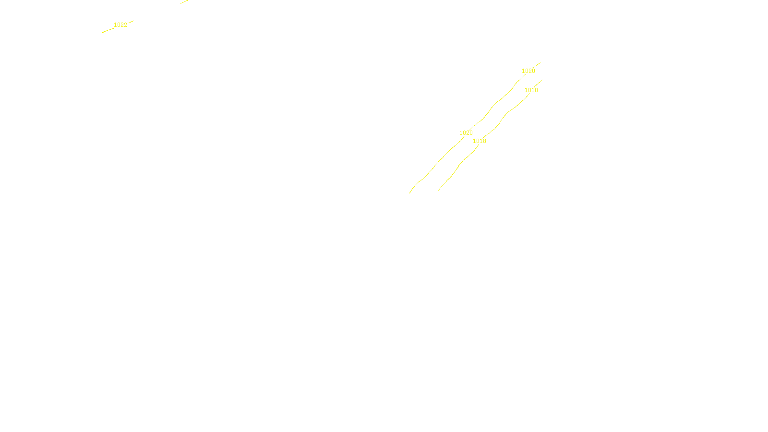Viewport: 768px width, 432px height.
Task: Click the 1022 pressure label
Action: [x=120, y=25]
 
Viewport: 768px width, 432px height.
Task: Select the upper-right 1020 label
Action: [x=528, y=71]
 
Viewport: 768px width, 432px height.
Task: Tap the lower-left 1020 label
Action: [x=466, y=133]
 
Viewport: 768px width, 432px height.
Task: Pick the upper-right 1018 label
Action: [x=531, y=90]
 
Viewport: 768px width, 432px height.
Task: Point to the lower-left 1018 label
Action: [x=479, y=141]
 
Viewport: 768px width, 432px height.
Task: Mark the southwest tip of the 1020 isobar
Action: [x=410, y=193]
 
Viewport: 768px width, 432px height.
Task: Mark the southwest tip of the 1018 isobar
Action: [x=439, y=190]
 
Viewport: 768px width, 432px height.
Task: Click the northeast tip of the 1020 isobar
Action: [x=540, y=62]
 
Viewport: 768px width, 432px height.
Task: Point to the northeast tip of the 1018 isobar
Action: [x=542, y=80]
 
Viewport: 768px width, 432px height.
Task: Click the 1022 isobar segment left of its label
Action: [x=107, y=30]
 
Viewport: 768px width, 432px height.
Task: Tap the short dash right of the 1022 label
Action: [x=131, y=22]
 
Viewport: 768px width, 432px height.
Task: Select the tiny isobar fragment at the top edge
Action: [x=184, y=2]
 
